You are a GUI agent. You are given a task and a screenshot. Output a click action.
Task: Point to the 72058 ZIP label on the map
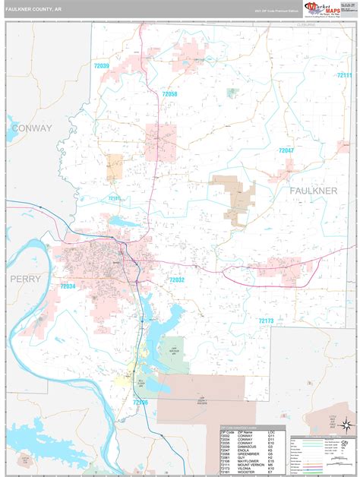click(x=169, y=93)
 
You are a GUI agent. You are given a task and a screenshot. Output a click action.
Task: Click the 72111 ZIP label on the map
click(x=345, y=75)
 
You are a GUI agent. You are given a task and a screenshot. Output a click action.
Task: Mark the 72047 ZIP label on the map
click(x=286, y=150)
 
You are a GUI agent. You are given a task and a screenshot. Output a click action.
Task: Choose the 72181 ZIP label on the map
click(x=115, y=198)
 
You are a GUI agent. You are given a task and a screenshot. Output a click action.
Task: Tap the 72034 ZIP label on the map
click(x=68, y=286)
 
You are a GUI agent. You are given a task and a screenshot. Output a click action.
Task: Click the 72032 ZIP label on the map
click(x=176, y=280)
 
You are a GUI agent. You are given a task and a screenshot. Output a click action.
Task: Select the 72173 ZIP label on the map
click(x=265, y=321)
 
